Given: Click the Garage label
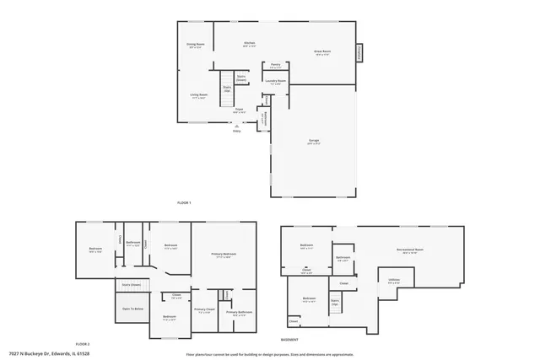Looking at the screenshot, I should (x=314, y=142).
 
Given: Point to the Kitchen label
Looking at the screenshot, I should (x=250, y=44).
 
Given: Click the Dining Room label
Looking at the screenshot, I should (x=195, y=46).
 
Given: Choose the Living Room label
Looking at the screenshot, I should (x=198, y=96).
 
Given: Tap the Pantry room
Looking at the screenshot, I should (x=275, y=66).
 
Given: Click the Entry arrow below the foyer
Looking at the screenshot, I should (x=236, y=126).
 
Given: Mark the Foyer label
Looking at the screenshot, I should (x=239, y=110).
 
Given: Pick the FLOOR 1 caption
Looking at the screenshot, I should (x=184, y=203).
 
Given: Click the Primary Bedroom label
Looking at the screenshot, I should (x=224, y=255).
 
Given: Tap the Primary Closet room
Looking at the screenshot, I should (x=204, y=310).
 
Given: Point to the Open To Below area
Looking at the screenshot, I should (x=132, y=309).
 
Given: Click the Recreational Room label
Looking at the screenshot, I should (x=410, y=250).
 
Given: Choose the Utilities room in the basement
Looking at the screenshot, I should (x=394, y=281).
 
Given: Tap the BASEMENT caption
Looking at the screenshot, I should (x=289, y=338).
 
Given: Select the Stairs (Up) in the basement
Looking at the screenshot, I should (x=335, y=303).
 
